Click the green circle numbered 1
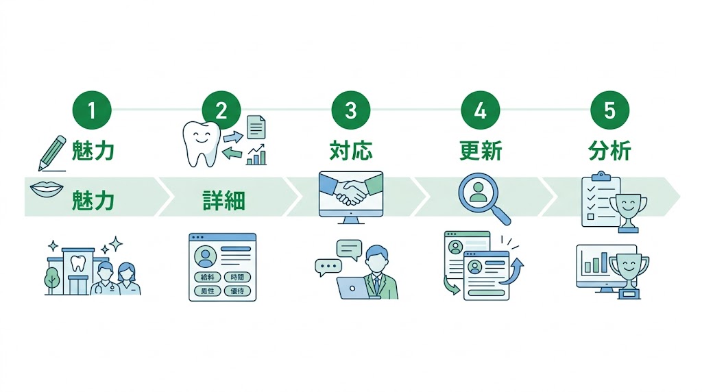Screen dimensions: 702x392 [x=91, y=110]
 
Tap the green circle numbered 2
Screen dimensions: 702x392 [x=221, y=110]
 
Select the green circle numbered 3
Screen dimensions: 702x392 [x=350, y=110]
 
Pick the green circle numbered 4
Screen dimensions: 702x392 [x=480, y=110]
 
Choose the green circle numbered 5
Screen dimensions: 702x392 [x=609, y=110]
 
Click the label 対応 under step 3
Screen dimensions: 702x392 [x=350, y=151]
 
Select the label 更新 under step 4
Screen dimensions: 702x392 [x=480, y=151]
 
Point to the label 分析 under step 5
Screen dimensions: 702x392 [x=609, y=151]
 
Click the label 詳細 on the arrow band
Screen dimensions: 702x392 [x=223, y=201]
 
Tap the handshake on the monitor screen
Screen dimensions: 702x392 [x=351, y=191]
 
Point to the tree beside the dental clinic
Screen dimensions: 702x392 [x=52, y=279]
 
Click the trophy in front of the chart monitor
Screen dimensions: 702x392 [x=628, y=273]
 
